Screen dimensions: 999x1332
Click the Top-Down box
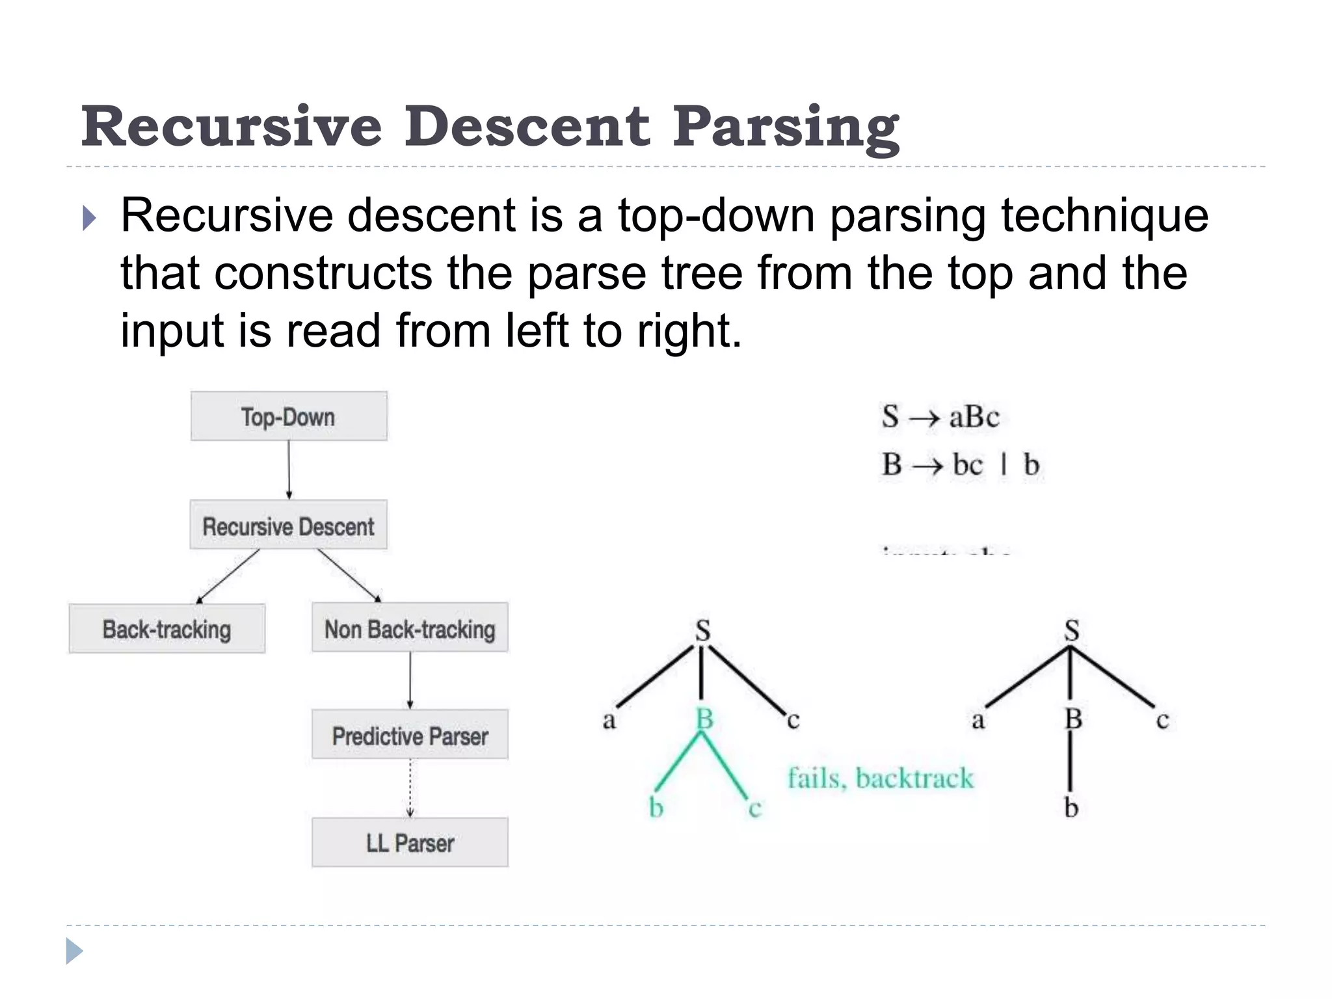click(288, 416)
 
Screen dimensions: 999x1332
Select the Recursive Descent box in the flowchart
click(288, 526)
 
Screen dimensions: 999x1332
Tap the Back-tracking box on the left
click(166, 629)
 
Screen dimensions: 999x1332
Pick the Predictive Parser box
click(410, 736)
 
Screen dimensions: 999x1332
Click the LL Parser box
click(410, 843)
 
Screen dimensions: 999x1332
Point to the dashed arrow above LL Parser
click(410, 788)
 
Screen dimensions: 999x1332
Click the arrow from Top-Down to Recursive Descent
click(289, 470)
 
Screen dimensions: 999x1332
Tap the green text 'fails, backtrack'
click(881, 778)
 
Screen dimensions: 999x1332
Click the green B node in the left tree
click(704, 719)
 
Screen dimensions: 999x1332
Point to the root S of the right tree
click(1071, 630)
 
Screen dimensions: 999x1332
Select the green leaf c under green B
click(754, 808)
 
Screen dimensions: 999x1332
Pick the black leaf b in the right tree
click(1071, 807)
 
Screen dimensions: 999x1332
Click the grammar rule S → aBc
click(940, 416)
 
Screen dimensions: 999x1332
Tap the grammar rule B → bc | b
click(960, 464)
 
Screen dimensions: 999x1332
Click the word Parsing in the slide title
click(786, 127)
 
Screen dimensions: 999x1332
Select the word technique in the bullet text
click(1104, 215)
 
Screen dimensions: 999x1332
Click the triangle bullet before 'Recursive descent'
click(90, 219)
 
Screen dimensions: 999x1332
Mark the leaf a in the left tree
click(609, 720)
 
